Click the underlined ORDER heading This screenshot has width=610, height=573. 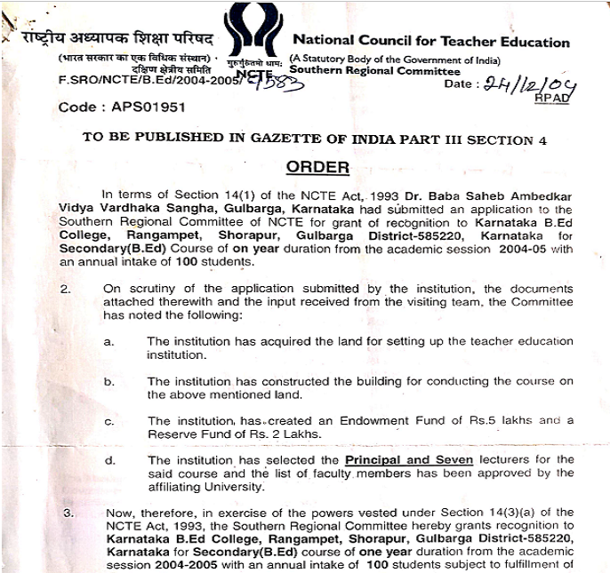[317, 167]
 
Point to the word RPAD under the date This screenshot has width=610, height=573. [549, 99]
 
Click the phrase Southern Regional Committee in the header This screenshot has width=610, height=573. [374, 71]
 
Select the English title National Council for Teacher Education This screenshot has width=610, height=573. [430, 41]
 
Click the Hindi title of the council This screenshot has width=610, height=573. [112, 41]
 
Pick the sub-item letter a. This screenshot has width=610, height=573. [108, 340]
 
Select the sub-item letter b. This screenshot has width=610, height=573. [108, 381]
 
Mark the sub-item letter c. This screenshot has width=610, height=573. [108, 420]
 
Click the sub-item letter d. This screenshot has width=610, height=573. [108, 460]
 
